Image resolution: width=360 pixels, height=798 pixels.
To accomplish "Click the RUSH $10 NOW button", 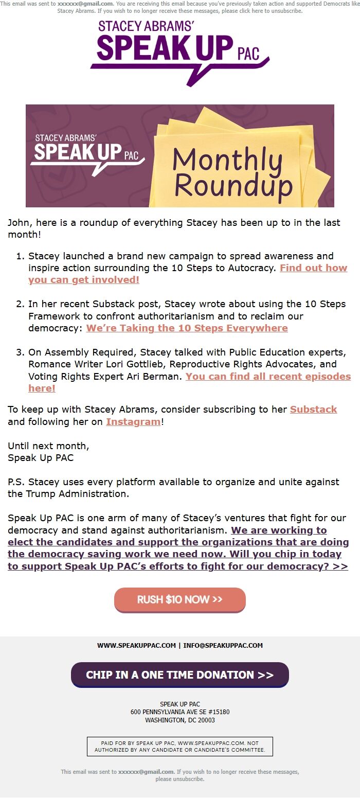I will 179,600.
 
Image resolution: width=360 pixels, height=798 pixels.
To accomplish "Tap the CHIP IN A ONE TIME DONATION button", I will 179,675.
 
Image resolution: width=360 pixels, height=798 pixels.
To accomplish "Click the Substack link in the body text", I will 313,410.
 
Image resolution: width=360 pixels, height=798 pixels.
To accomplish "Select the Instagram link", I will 133,422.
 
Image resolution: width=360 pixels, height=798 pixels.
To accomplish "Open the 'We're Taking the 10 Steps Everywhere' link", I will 187,328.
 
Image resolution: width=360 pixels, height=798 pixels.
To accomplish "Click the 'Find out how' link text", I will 313,268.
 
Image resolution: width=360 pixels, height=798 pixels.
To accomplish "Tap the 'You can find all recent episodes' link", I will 268,377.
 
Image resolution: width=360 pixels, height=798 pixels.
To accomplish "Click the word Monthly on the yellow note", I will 227,161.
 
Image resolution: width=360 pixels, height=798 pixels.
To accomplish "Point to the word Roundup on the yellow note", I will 233,186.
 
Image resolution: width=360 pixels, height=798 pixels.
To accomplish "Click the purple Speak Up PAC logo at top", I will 179,49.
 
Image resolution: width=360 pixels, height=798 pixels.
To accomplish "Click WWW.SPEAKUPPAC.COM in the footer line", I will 136,646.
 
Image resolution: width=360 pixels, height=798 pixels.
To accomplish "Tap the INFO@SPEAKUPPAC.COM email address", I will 223,646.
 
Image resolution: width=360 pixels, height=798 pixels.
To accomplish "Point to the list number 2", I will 20,304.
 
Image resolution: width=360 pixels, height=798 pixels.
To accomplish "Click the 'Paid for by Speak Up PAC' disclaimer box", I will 179,747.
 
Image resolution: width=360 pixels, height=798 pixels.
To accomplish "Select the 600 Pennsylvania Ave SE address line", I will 179,712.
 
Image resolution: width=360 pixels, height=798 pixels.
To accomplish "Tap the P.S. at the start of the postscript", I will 16,482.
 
